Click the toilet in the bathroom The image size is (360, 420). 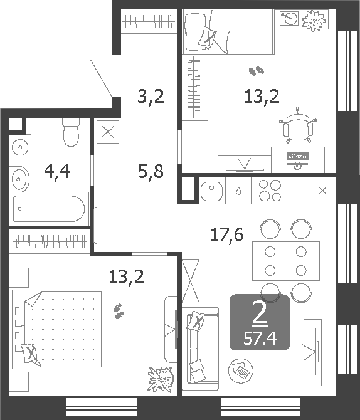tap(71, 132)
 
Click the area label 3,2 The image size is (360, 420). tap(151, 97)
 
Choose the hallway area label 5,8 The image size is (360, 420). tap(151, 170)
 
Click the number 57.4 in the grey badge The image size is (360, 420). tap(260, 340)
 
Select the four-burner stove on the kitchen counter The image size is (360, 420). tap(270, 191)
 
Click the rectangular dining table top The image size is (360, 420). tap(285, 261)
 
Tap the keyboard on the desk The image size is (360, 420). tap(299, 155)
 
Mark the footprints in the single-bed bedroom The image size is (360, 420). tap(255, 72)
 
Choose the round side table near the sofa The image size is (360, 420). tap(241, 370)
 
